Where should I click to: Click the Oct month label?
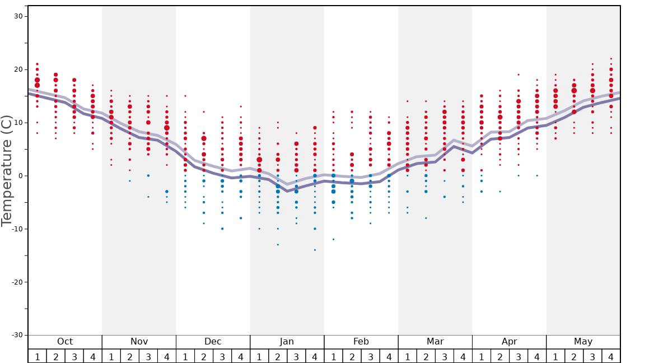65,342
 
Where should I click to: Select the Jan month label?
287,342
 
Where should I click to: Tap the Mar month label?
435,342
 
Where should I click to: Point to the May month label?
583,342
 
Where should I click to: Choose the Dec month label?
213,342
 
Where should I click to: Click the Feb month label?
361,342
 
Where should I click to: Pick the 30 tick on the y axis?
18,16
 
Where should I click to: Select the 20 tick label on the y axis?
18,69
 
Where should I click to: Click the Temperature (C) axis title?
7,170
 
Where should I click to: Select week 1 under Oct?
38,357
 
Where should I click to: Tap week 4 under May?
611,357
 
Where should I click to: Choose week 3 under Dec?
222,357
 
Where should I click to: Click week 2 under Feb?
352,357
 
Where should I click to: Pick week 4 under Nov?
167,357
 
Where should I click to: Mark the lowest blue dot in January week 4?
315,250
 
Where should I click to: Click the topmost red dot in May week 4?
611,58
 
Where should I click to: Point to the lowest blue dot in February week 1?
333,239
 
